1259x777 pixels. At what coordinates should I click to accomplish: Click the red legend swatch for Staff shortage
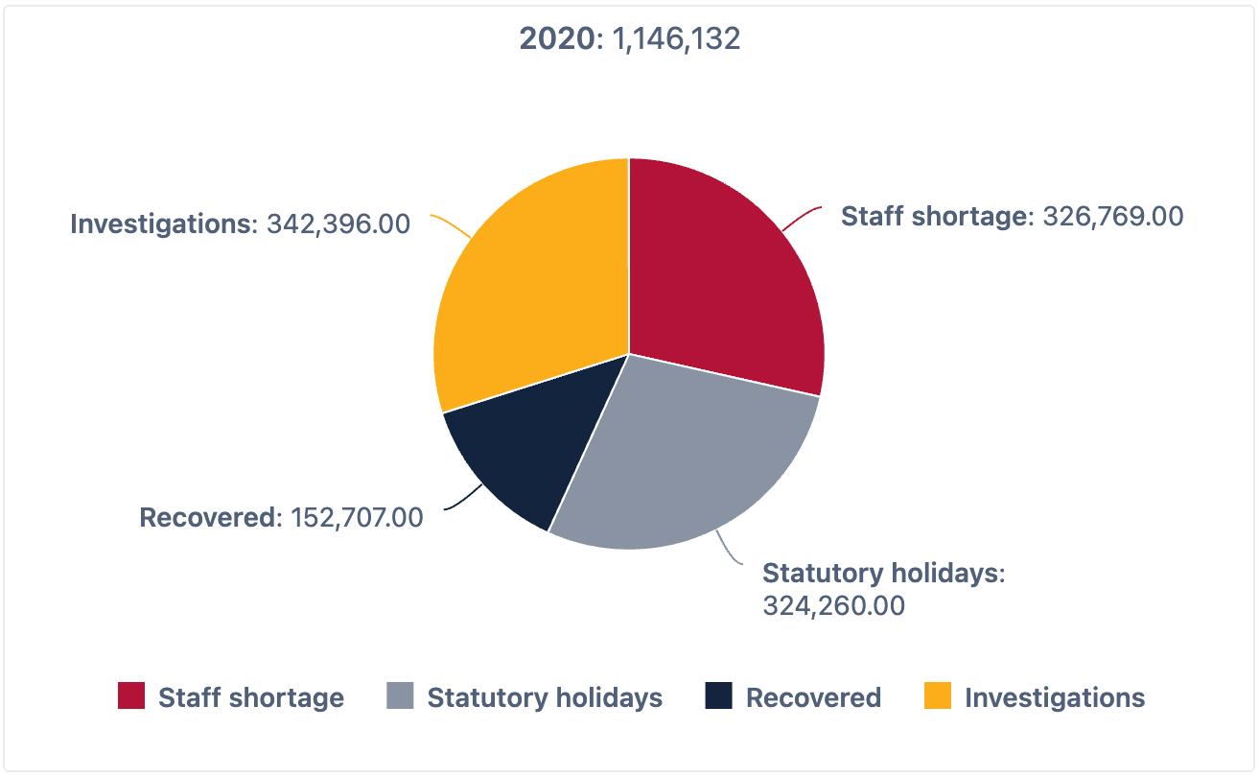click(131, 696)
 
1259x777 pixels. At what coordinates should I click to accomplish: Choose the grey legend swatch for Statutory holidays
click(400, 696)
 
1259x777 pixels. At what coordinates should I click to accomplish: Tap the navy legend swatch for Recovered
click(718, 696)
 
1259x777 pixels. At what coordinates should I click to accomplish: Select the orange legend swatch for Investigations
click(938, 696)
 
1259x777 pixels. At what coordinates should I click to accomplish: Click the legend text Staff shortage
click(251, 697)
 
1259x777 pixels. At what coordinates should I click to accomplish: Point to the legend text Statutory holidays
click(545, 697)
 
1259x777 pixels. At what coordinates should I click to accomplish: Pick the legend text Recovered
click(813, 697)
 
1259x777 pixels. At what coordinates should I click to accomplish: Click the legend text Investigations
click(1055, 697)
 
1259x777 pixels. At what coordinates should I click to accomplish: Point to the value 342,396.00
click(338, 224)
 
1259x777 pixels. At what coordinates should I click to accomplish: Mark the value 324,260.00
click(833, 606)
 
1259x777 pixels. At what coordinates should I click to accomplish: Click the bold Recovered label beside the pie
click(207, 518)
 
